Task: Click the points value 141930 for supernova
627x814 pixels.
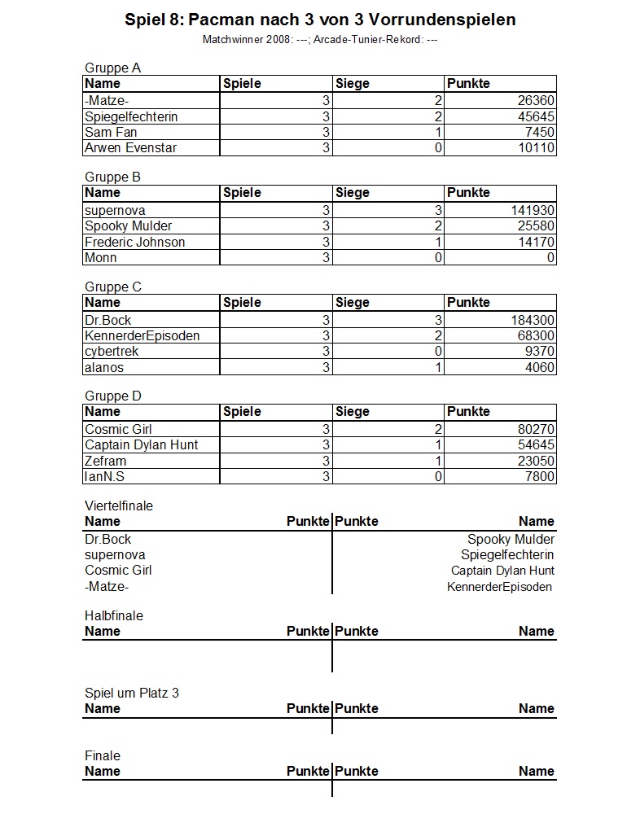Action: click(x=533, y=210)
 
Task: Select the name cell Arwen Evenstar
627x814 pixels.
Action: click(x=130, y=147)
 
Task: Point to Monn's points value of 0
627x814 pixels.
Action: click(x=550, y=257)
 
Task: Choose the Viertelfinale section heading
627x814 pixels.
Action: click(x=119, y=505)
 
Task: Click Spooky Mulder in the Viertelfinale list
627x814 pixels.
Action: click(x=511, y=539)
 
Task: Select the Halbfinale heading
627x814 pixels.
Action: click(x=113, y=615)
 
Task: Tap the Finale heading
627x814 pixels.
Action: click(x=103, y=755)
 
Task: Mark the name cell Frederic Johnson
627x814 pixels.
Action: click(x=134, y=242)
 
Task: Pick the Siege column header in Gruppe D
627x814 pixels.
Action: click(x=352, y=411)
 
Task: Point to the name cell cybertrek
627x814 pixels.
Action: click(x=112, y=351)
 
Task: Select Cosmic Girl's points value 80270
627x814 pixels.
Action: click(x=537, y=429)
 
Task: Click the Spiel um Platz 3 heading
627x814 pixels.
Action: click(x=132, y=693)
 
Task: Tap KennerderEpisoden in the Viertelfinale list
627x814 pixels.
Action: click(x=499, y=586)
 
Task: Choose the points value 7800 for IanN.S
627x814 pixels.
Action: click(x=540, y=476)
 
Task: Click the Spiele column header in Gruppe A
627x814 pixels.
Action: click(x=242, y=83)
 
